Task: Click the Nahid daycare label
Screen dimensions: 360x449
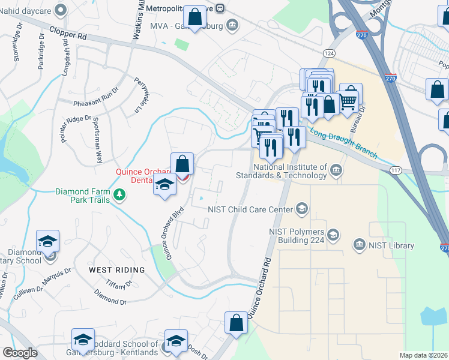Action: (25, 10)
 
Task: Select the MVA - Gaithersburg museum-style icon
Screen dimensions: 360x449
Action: (232, 26)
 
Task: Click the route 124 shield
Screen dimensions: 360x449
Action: (328, 53)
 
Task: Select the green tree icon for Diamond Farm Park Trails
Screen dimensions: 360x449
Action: (120, 194)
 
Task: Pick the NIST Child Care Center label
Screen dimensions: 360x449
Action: (250, 209)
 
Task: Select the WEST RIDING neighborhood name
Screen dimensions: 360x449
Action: (116, 270)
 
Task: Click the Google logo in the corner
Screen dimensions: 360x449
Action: (20, 353)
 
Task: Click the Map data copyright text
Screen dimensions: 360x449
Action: (423, 355)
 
